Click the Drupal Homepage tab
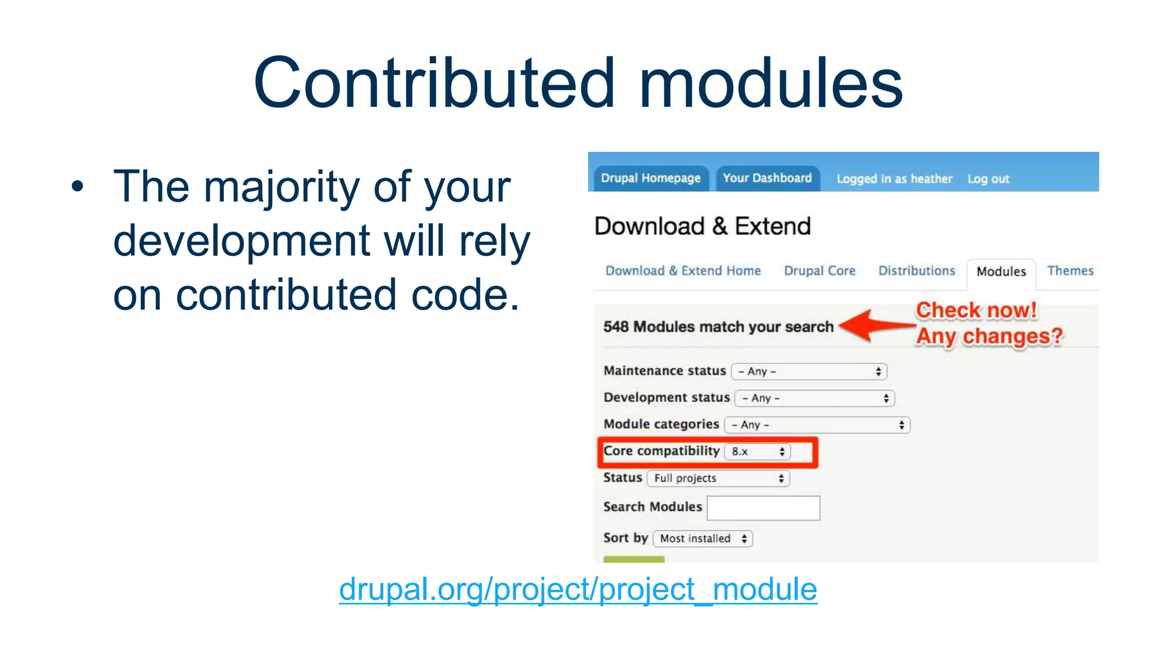(x=650, y=178)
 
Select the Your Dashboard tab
(x=767, y=178)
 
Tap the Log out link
(x=988, y=179)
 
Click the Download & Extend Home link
(x=683, y=271)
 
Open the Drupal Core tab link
(x=819, y=271)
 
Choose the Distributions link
(x=916, y=271)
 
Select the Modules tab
(x=1001, y=272)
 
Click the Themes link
(x=1070, y=271)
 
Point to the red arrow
(x=875, y=325)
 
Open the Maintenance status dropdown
(x=809, y=371)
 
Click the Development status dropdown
(x=815, y=398)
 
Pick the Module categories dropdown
(x=817, y=425)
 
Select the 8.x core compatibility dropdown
(x=758, y=452)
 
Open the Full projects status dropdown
(x=718, y=479)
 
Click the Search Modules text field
(x=763, y=508)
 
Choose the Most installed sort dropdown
(x=703, y=539)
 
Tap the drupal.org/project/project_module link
(x=578, y=589)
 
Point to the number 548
(x=616, y=327)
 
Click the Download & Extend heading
(x=702, y=227)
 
